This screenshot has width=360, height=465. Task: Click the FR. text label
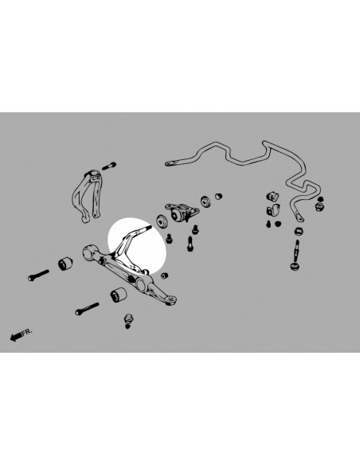coord(27,332)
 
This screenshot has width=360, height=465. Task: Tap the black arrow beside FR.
coord(16,337)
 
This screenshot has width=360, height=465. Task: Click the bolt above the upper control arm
coord(109,166)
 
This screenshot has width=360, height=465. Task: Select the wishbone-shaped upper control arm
coord(88,196)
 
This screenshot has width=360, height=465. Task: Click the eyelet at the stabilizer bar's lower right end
coord(299,217)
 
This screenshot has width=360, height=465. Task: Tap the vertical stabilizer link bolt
coord(296,250)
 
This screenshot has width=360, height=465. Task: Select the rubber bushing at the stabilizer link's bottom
coord(295,266)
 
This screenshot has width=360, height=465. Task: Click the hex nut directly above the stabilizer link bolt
coord(299,231)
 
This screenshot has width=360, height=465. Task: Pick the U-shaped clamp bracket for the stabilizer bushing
coord(272,210)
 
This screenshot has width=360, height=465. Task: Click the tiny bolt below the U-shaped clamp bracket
coord(268,225)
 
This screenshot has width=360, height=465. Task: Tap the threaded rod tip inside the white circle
coord(146,229)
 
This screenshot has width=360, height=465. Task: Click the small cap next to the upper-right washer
coord(218,196)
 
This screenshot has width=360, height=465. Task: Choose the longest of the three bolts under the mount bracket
coord(190,243)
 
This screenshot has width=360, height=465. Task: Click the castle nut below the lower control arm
coord(128,321)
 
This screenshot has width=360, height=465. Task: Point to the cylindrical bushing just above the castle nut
coord(119,294)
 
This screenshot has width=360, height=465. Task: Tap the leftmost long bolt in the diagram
coord(38,275)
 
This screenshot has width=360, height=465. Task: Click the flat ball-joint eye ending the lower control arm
coord(170,300)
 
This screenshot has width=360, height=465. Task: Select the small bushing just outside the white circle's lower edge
coord(165,275)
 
